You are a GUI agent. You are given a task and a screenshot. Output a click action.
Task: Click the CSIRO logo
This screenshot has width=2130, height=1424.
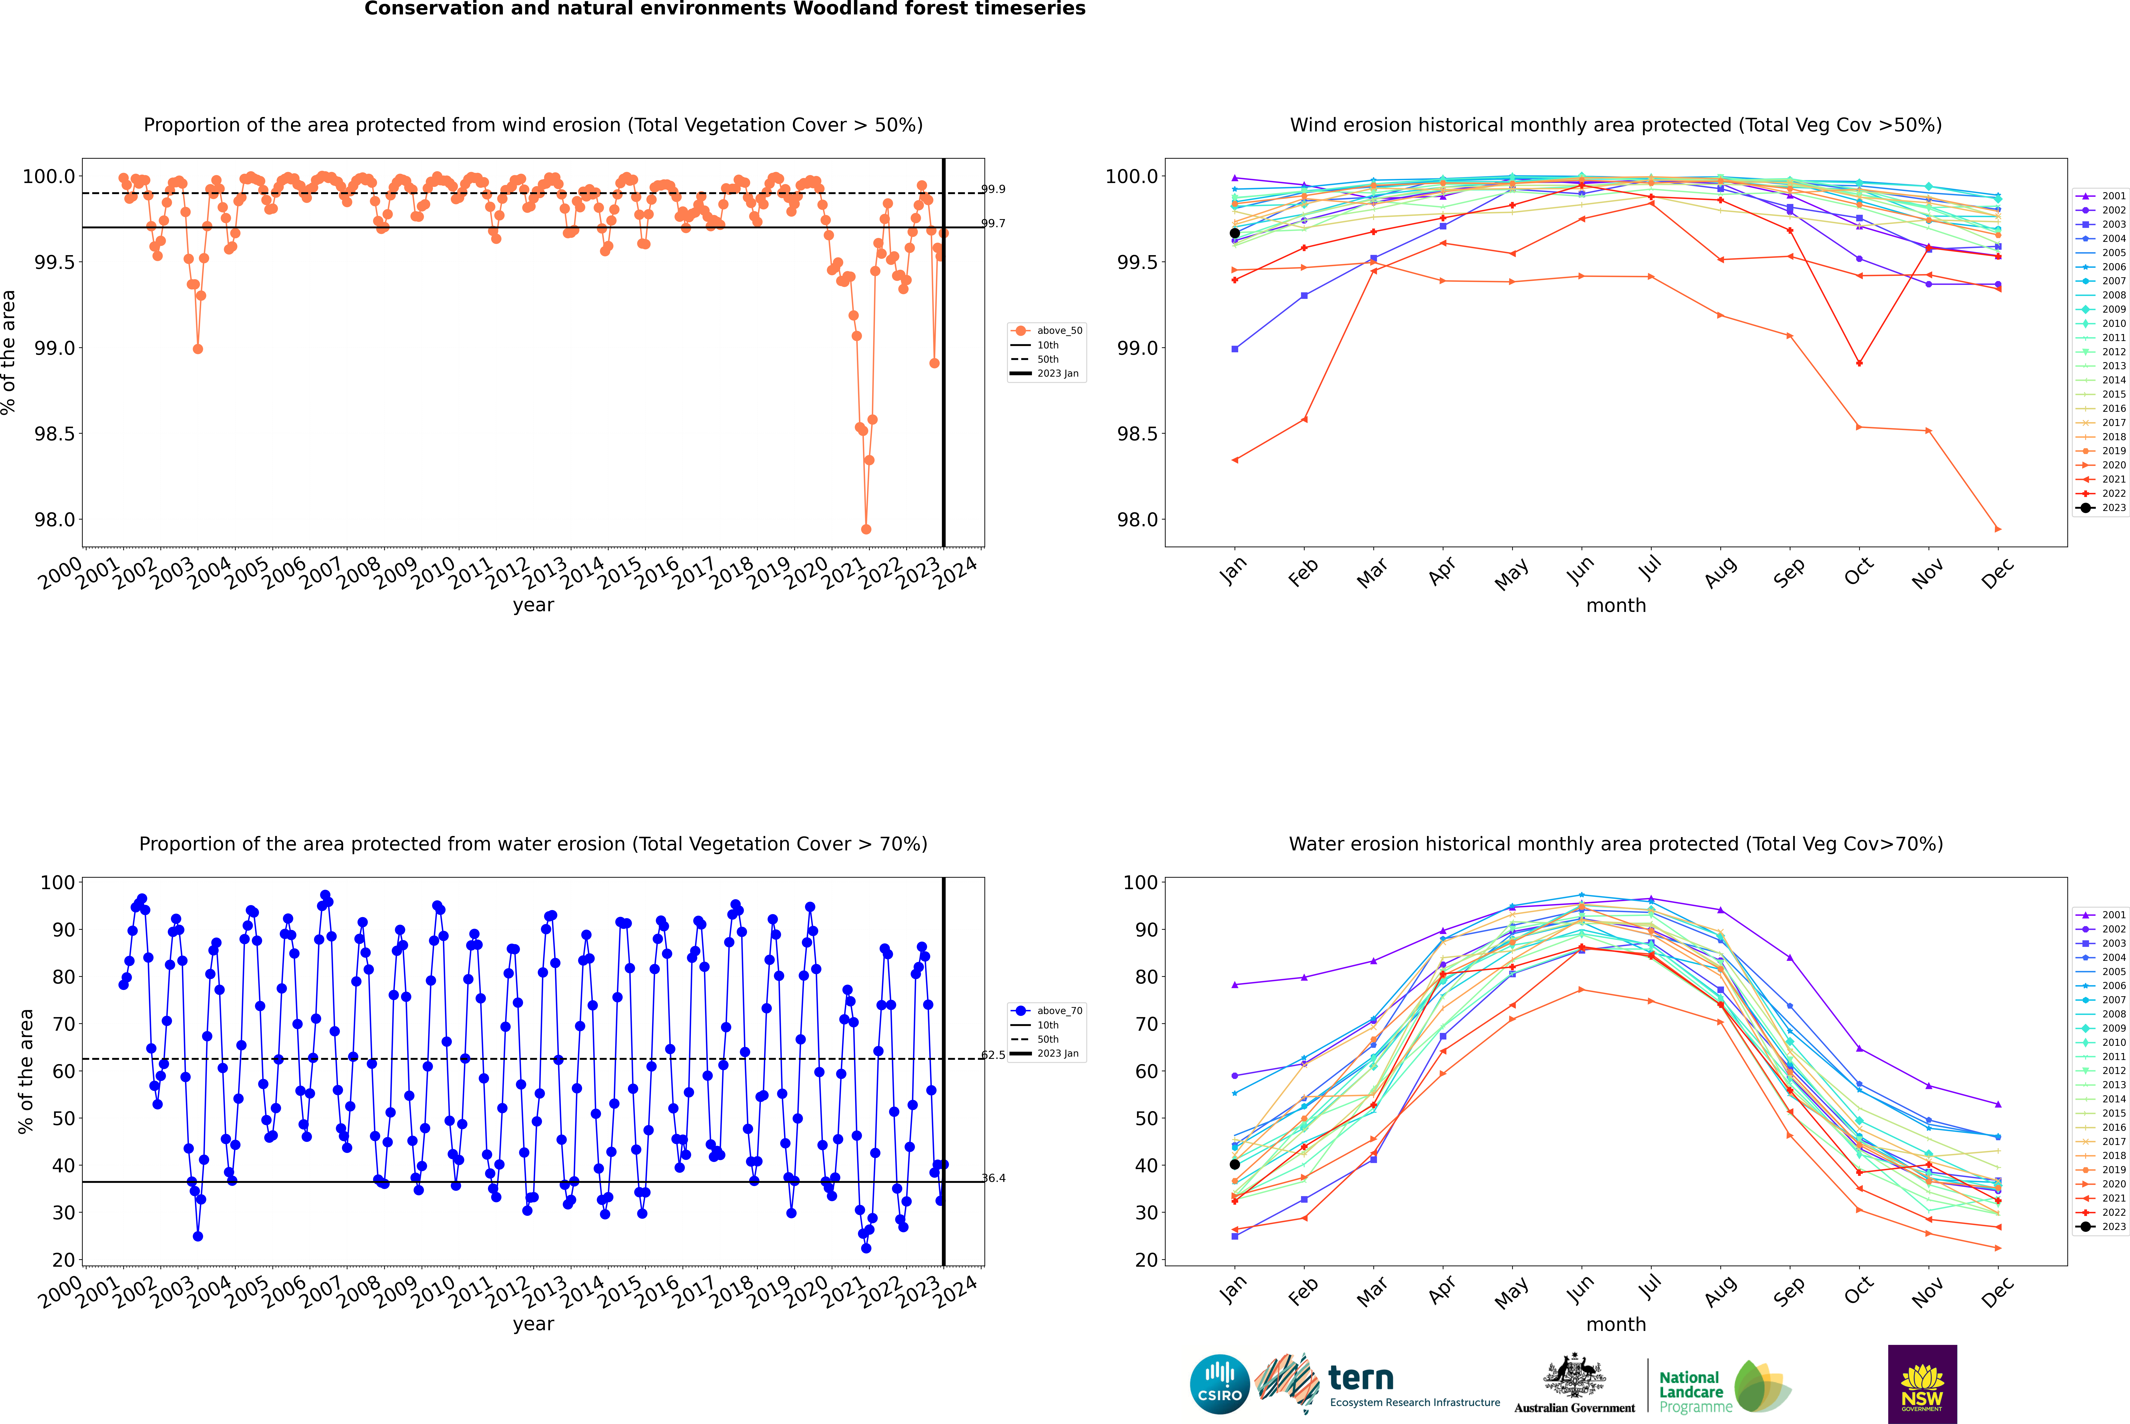point(1219,1384)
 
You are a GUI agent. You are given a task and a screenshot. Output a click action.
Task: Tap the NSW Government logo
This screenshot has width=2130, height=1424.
point(1922,1384)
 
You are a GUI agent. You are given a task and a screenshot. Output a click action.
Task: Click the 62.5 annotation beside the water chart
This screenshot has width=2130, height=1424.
point(993,1055)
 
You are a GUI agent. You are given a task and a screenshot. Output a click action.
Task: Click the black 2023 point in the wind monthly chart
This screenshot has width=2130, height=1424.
point(1235,234)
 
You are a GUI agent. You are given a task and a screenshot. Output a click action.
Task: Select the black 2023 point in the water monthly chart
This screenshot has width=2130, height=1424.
point(1235,1164)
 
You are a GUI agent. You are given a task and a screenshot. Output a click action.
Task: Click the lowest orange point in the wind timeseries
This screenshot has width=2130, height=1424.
point(866,529)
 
